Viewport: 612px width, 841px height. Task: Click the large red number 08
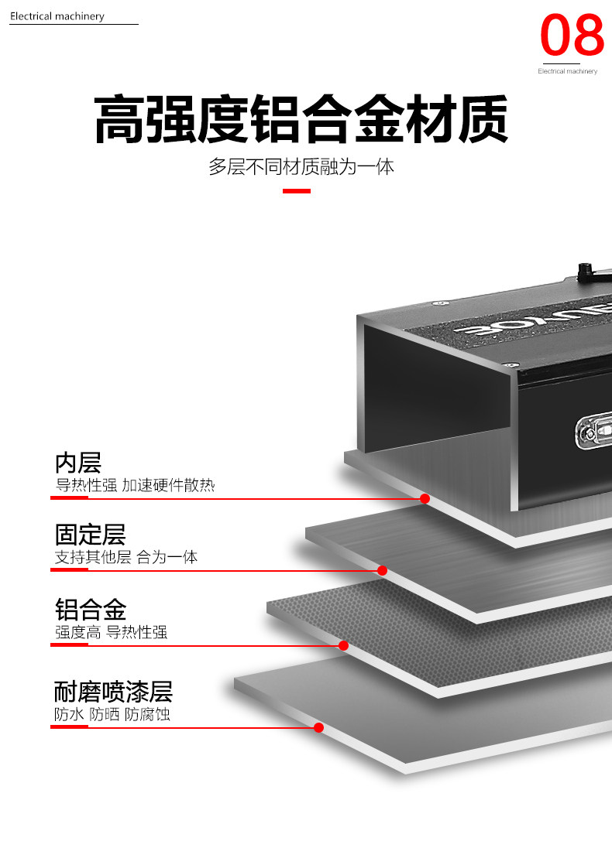(x=572, y=35)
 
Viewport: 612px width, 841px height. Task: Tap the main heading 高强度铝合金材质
(x=301, y=120)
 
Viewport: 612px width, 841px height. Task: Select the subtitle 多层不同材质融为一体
(x=301, y=166)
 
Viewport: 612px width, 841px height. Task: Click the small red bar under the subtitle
(x=296, y=190)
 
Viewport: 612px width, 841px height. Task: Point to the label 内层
(x=78, y=463)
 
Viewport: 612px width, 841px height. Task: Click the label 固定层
(x=90, y=535)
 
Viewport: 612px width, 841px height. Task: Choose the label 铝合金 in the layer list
(x=90, y=609)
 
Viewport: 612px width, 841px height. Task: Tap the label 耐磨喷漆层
(x=113, y=691)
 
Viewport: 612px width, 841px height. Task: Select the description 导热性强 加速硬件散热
(x=135, y=486)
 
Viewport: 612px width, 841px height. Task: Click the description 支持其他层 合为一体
(x=126, y=557)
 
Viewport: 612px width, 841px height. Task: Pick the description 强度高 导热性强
(x=111, y=632)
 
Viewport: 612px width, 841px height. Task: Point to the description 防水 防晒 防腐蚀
(x=112, y=714)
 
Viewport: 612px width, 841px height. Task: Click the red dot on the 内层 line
(x=425, y=498)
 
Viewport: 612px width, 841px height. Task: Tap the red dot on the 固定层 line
(x=382, y=570)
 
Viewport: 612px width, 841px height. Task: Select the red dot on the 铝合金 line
(x=343, y=645)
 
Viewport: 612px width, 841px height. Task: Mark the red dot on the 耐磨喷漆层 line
(x=318, y=727)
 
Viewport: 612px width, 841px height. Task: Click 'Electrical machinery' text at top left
(x=57, y=16)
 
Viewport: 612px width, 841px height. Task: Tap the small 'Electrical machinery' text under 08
(x=568, y=71)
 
